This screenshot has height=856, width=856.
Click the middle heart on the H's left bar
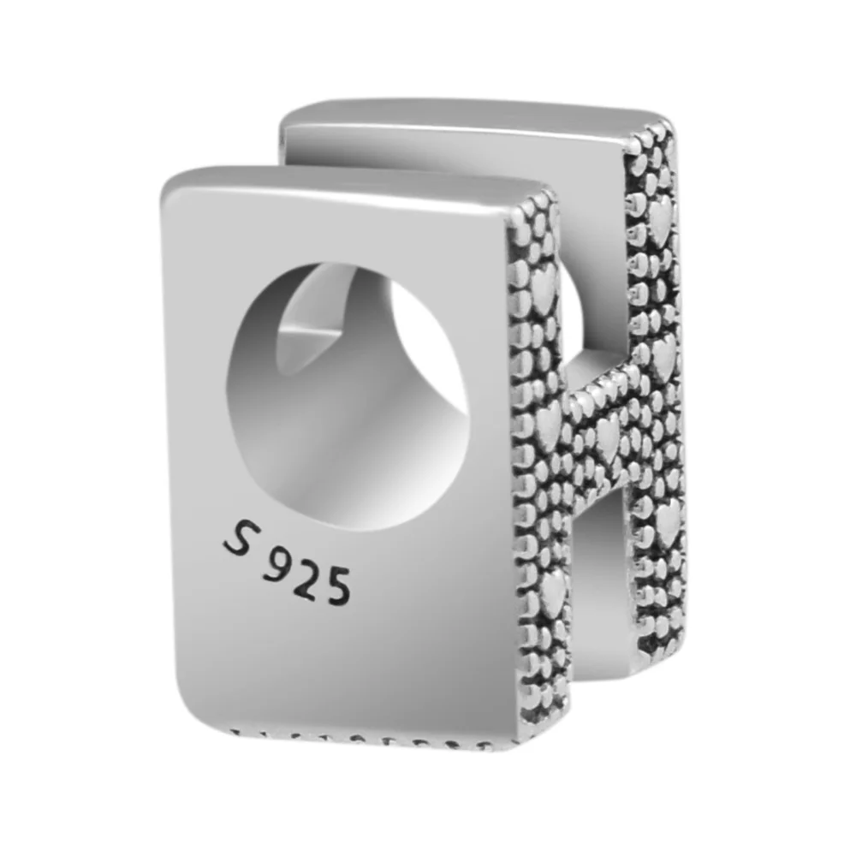548,425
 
